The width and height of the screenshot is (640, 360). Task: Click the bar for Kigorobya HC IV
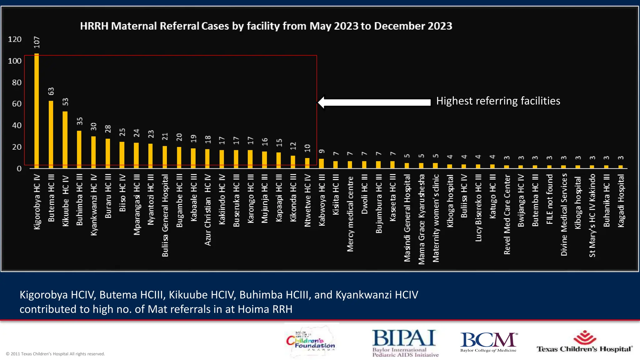tap(37, 111)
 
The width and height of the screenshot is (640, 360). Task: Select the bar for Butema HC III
tap(51, 134)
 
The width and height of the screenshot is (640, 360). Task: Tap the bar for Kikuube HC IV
tap(65, 140)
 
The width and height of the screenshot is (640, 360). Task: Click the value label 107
tap(37, 42)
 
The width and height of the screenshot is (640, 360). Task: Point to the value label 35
tap(80, 121)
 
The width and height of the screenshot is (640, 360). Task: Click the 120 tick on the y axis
tap(15, 39)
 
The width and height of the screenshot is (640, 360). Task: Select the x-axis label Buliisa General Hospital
tap(165, 216)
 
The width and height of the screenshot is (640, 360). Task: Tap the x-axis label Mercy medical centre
tap(350, 214)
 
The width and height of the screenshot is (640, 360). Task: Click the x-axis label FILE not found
tap(550, 199)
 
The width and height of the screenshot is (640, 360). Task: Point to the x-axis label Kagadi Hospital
tap(621, 201)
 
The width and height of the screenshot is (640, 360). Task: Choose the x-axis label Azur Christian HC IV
tap(208, 210)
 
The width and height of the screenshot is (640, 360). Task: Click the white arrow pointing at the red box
tap(374, 102)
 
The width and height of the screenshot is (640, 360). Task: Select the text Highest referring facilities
tap(498, 101)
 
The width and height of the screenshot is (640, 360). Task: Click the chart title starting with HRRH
tap(266, 26)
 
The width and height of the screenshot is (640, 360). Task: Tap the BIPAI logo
tap(405, 343)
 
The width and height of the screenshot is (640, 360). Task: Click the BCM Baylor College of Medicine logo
tap(488, 342)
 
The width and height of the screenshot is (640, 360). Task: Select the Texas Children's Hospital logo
tap(584, 342)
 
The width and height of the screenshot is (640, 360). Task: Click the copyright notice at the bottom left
tap(55, 354)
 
